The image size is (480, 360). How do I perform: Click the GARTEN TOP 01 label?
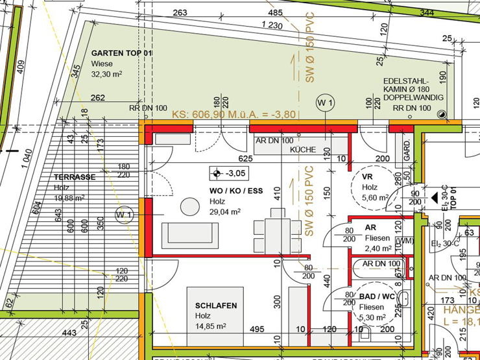pyautogui.click(x=121, y=53)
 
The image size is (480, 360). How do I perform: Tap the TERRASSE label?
pyautogui.click(x=75, y=177)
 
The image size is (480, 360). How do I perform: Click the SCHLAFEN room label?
pyautogui.click(x=216, y=306)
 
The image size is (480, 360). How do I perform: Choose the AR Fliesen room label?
pyautogui.click(x=370, y=228)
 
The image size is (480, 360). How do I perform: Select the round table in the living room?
pyautogui.click(x=190, y=206)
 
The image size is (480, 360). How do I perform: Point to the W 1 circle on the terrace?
pyautogui.click(x=124, y=215)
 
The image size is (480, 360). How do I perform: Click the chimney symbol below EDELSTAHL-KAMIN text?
pyautogui.click(x=442, y=114)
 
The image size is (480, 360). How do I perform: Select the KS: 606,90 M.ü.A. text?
pyautogui.click(x=234, y=114)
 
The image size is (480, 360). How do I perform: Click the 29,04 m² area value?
pyautogui.click(x=225, y=211)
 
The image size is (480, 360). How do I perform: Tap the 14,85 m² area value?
pyautogui.click(x=211, y=326)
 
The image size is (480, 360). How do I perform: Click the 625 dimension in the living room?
pyautogui.click(x=245, y=158)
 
